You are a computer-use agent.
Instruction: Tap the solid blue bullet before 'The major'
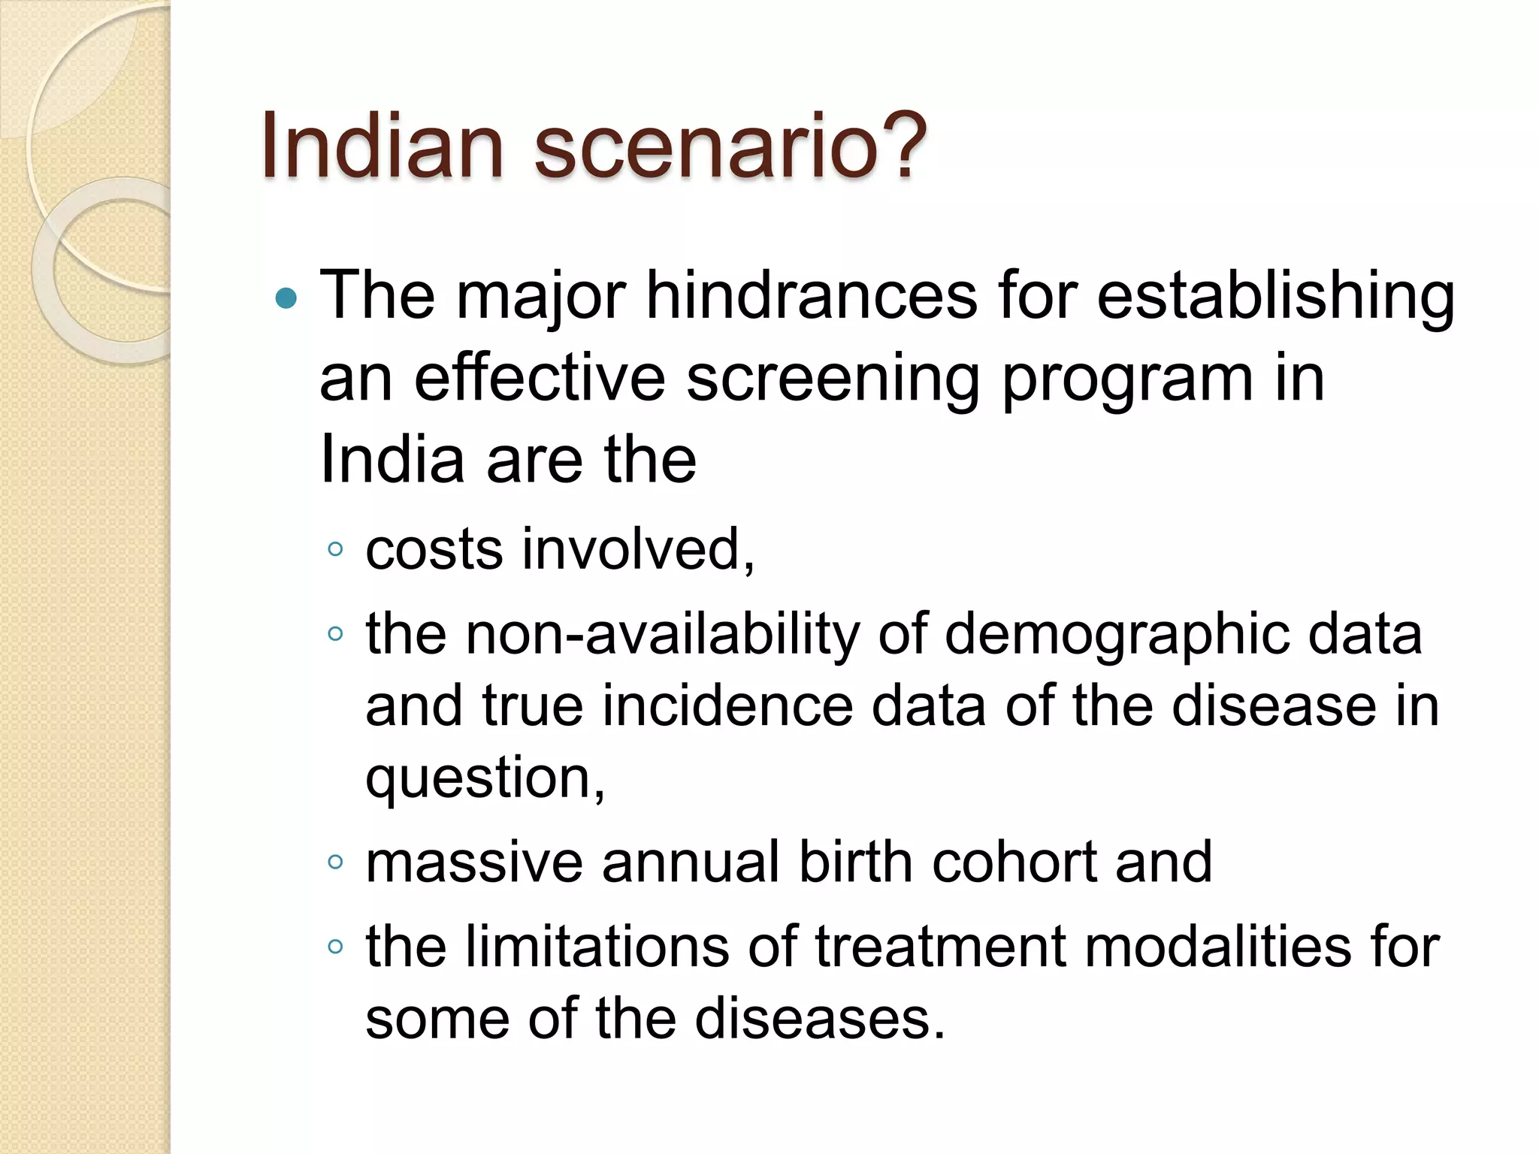(x=286, y=300)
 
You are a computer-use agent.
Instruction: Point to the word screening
(x=833, y=380)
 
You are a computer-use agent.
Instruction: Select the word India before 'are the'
(x=392, y=459)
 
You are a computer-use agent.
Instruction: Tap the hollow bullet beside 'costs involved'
(x=335, y=549)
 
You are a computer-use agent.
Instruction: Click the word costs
(x=434, y=549)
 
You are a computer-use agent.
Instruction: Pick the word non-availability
(x=662, y=636)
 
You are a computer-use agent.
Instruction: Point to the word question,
(x=485, y=780)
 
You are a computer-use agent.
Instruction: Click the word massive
(x=473, y=862)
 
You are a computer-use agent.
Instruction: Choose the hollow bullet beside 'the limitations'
(x=335, y=947)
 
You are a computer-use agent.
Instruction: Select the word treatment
(x=939, y=946)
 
